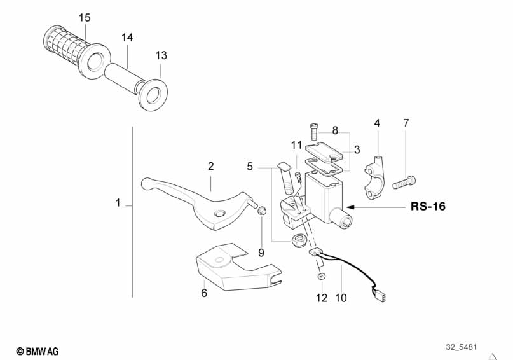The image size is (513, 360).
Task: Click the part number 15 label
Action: (x=85, y=17)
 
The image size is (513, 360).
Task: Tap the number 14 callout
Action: (x=127, y=38)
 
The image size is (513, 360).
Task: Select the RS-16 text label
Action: (x=427, y=207)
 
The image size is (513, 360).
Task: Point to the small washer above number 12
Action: (x=322, y=276)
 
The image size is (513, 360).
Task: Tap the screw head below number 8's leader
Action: (x=315, y=132)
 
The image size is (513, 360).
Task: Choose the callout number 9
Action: (x=261, y=253)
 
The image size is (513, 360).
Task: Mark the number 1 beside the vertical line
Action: (x=118, y=204)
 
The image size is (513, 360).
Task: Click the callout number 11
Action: (x=297, y=145)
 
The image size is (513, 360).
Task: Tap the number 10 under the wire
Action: (x=341, y=297)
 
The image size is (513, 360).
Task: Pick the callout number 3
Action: (x=357, y=150)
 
